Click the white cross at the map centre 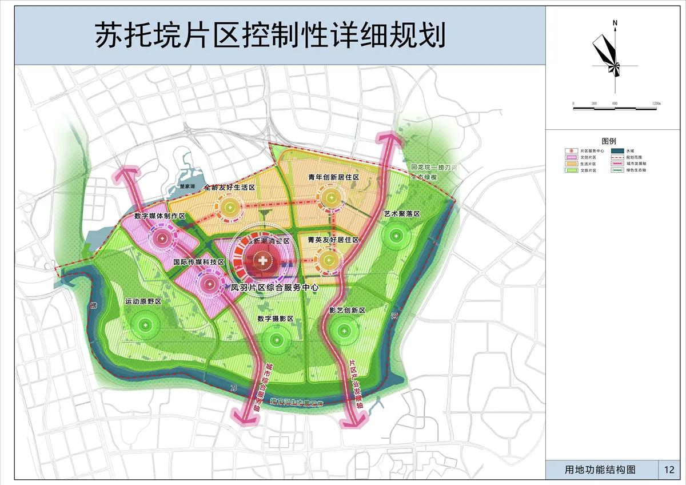pyautogui.click(x=263, y=261)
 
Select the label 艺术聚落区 pyautogui.click(x=402, y=214)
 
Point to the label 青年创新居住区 pyautogui.click(x=333, y=178)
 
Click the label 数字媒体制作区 pyautogui.click(x=160, y=216)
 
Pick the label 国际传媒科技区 pyautogui.click(x=199, y=262)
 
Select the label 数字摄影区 pyautogui.click(x=275, y=318)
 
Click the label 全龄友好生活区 pyautogui.click(x=229, y=187)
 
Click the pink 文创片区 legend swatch pyautogui.click(x=570, y=157)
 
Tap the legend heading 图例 pyautogui.click(x=609, y=141)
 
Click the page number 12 pyautogui.click(x=669, y=470)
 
